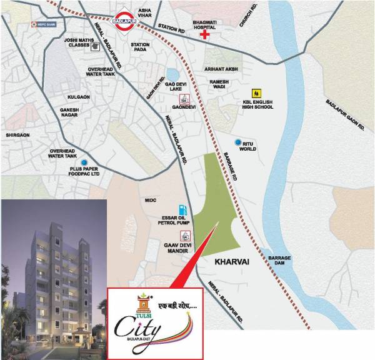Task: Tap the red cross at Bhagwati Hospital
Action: [x=204, y=35]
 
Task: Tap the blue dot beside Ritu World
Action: [x=237, y=142]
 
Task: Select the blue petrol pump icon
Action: [x=182, y=207]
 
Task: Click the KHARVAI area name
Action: [x=231, y=262]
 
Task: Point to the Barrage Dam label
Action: [x=279, y=261]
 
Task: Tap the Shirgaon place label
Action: [x=17, y=134]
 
